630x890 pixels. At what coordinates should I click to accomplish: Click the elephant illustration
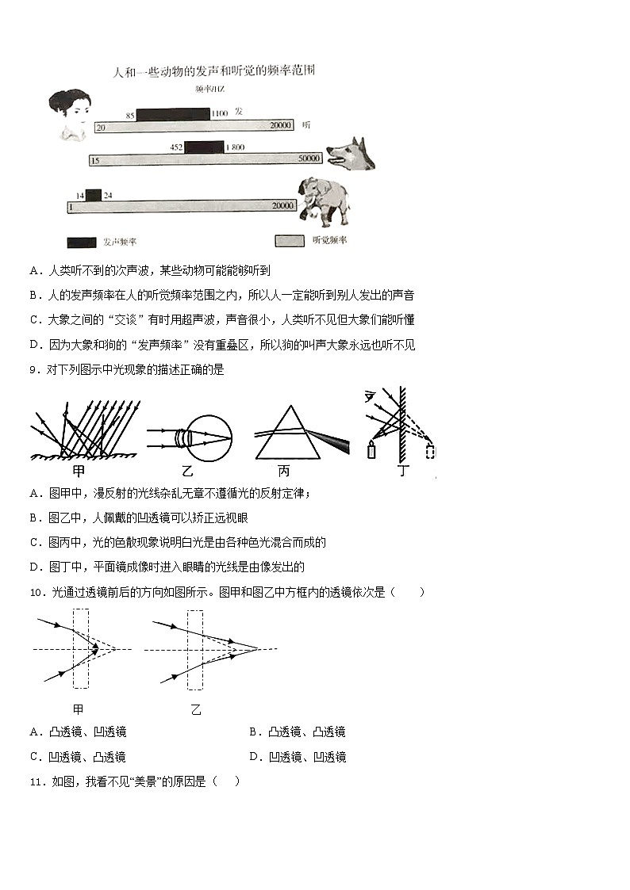point(323,201)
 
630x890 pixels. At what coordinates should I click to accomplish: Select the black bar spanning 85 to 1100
point(173,114)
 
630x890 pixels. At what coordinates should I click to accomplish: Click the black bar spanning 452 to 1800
point(204,147)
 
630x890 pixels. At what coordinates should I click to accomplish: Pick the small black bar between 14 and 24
point(94,195)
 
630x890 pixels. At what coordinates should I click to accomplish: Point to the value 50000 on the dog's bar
point(309,159)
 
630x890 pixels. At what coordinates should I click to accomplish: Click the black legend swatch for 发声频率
point(82,242)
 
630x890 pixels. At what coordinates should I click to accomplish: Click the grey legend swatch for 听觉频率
point(290,240)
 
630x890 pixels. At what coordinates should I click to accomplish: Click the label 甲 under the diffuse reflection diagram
point(79,470)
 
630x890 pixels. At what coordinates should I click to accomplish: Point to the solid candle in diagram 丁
point(371,451)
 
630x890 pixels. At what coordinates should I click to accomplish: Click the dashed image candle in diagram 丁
point(431,451)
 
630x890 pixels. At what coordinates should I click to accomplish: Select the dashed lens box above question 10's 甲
point(81,648)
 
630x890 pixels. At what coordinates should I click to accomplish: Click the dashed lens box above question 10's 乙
point(195,648)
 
